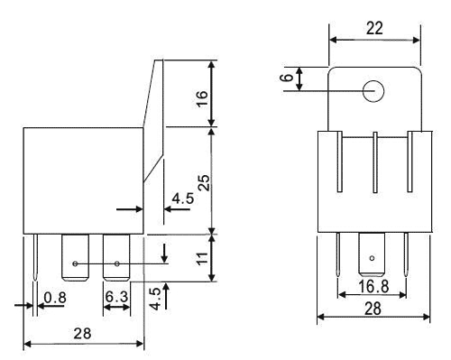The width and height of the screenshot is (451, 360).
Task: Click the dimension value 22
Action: pyautogui.click(x=374, y=28)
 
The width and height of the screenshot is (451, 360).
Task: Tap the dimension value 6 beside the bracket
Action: pyautogui.click(x=287, y=78)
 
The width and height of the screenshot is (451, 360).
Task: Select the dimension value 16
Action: pyautogui.click(x=202, y=98)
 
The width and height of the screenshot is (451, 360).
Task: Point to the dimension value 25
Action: pyautogui.click(x=204, y=182)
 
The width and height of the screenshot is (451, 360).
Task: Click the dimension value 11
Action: pyautogui.click(x=202, y=259)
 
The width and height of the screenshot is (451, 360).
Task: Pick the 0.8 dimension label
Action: pyautogui.click(x=55, y=298)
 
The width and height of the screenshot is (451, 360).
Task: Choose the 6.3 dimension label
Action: pyautogui.click(x=116, y=297)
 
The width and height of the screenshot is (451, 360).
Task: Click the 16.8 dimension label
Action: pyautogui.click(x=373, y=286)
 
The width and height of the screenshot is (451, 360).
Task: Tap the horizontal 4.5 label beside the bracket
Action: pyautogui.click(x=183, y=198)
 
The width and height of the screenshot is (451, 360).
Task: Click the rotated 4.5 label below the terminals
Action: pyautogui.click(x=155, y=299)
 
